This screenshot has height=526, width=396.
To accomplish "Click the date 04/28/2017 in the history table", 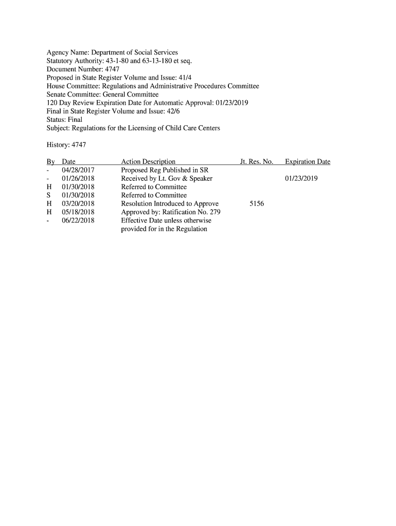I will (78, 170).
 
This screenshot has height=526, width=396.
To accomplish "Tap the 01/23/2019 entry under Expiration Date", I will (301, 179).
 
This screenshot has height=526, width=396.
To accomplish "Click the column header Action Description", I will (148, 162).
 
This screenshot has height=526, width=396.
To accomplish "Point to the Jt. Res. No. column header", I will (256, 162).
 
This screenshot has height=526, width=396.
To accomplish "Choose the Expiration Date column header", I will (308, 162).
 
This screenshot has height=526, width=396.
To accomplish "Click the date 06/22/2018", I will (78, 220).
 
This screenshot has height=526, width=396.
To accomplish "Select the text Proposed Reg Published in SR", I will (164, 170).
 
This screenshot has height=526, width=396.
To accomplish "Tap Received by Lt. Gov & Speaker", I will (167, 179).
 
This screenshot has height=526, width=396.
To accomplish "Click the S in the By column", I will (48, 195).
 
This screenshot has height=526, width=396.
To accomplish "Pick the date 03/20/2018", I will (78, 204).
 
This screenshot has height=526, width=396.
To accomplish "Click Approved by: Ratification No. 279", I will (171, 212).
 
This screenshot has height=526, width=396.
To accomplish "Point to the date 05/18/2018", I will (78, 212).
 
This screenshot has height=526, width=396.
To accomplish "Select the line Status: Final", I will (64, 120).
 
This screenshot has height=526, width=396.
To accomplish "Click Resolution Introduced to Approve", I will (170, 204).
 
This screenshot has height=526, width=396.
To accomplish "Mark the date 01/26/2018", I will (78, 179).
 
